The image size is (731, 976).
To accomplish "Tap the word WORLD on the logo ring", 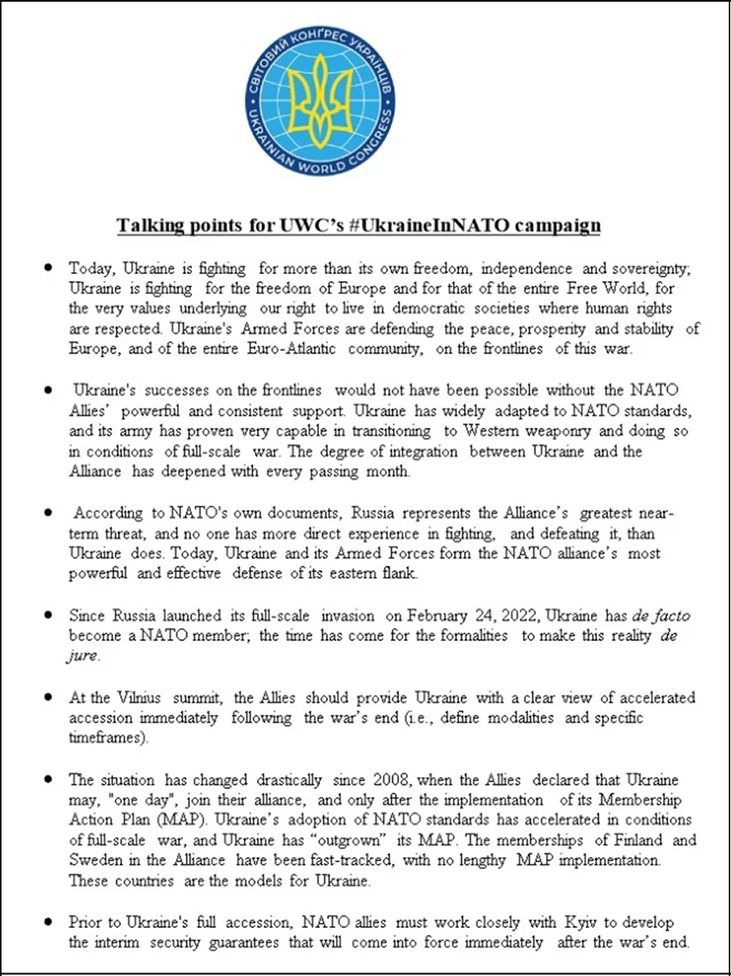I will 322,166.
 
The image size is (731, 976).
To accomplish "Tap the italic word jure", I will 82,656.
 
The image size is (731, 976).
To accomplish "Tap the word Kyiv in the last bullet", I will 581,922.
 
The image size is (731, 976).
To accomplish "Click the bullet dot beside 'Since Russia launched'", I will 49,615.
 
